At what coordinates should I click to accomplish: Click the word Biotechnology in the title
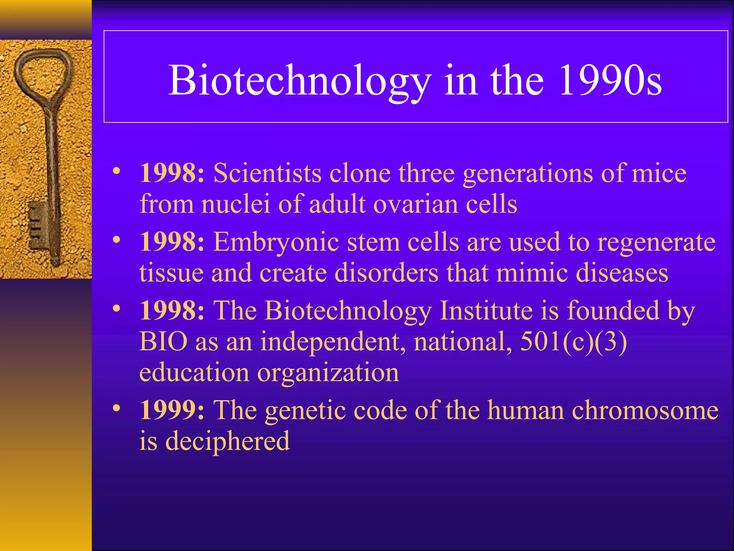click(300, 81)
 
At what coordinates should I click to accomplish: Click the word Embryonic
click(276, 242)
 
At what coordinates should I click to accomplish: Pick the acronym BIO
click(163, 342)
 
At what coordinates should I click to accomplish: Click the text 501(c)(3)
click(573, 342)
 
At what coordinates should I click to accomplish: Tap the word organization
click(328, 373)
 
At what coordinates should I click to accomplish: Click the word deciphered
click(227, 441)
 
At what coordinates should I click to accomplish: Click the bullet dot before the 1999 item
click(116, 409)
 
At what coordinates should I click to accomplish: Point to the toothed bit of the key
click(37, 226)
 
